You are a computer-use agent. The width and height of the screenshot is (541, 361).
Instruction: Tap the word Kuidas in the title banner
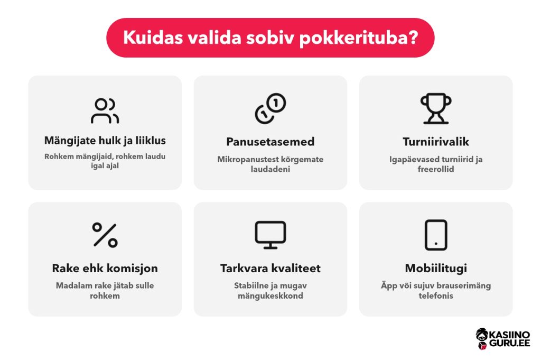click(153, 37)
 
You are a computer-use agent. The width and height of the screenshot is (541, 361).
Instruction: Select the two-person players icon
click(105, 111)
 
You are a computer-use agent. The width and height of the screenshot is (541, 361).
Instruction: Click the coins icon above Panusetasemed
click(270, 108)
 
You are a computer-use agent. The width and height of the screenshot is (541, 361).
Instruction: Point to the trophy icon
click(436, 108)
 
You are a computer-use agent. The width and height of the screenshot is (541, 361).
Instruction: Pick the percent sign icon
click(105, 235)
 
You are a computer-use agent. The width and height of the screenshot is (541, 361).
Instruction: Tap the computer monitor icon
click(270, 235)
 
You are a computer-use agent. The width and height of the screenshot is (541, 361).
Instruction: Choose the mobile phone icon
click(436, 235)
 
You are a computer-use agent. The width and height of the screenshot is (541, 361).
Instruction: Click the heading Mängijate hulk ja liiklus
click(105, 141)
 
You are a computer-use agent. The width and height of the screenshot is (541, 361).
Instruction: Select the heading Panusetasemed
click(270, 142)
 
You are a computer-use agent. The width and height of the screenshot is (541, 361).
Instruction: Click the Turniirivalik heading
click(436, 142)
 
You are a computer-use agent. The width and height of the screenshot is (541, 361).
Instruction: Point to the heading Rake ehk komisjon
click(105, 269)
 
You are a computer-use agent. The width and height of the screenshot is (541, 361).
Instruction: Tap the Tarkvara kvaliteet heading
click(270, 268)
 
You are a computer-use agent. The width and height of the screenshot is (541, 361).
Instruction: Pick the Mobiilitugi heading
click(436, 269)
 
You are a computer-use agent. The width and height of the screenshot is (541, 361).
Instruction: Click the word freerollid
click(436, 169)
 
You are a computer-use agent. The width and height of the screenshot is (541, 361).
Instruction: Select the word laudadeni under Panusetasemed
click(270, 169)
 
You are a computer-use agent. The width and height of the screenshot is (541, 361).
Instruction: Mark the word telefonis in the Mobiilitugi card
click(436, 296)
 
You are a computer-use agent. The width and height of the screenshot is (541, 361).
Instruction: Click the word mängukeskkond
click(270, 296)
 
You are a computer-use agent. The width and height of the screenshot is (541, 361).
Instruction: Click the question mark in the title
click(413, 37)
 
